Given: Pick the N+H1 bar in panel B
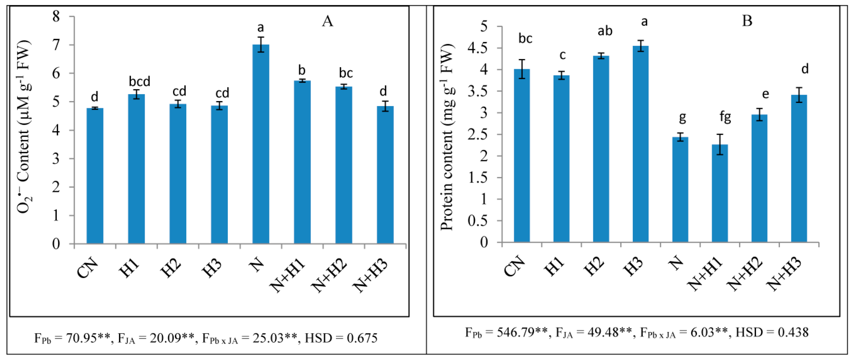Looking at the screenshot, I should (x=720, y=193).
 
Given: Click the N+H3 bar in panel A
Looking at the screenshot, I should (x=385, y=175).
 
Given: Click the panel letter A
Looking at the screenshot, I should (x=327, y=22).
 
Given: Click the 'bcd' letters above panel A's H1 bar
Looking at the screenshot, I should (x=140, y=81).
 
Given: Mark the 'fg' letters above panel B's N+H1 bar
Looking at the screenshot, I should (x=725, y=117).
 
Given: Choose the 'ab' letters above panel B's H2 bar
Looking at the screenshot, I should (x=605, y=31).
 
